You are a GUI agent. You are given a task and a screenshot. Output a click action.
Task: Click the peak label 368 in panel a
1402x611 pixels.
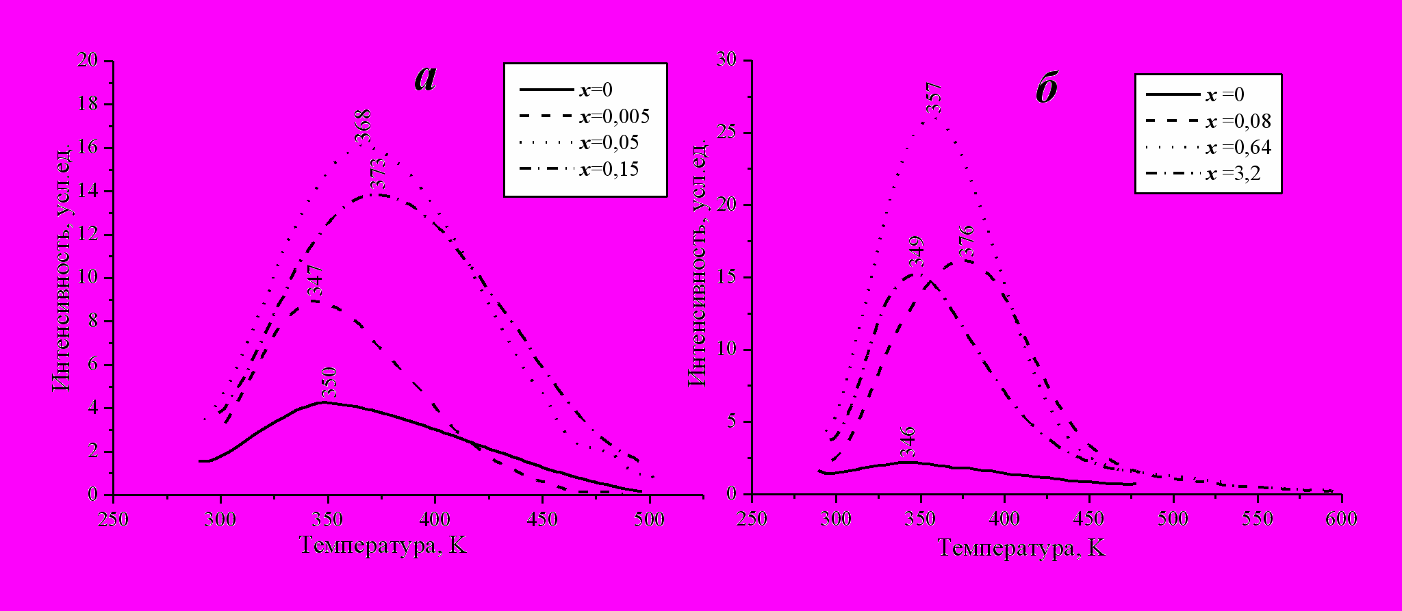point(363,127)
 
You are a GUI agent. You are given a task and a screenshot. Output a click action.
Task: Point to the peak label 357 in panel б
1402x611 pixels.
point(934,99)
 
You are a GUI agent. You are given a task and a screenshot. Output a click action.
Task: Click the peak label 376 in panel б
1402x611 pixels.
point(966,241)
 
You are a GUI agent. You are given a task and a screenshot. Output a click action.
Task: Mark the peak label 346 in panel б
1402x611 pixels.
point(908,442)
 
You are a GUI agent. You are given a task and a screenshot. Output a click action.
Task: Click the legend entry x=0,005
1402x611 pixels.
point(614,116)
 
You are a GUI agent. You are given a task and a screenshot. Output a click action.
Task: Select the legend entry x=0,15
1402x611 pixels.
point(609,169)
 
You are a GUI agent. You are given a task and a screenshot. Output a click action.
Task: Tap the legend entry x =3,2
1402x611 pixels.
point(1232,174)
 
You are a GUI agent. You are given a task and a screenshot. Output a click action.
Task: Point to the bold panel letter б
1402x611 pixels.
point(1047,90)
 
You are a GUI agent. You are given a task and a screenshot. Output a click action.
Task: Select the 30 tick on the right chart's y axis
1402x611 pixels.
point(726,60)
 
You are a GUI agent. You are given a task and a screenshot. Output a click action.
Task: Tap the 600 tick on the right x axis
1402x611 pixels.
point(1341,519)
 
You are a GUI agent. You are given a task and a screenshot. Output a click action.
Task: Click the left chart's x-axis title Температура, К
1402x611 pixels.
point(383,545)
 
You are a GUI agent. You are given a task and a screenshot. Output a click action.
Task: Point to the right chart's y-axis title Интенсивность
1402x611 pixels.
point(697,267)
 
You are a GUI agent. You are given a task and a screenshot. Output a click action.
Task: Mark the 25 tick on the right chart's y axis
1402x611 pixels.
point(726,133)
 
